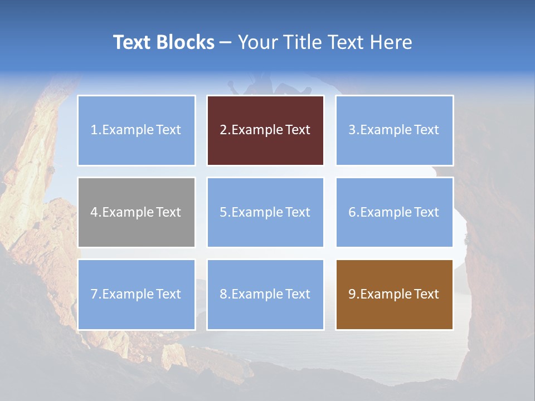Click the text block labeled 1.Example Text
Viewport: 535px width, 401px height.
137,130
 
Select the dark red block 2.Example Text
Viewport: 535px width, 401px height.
265,130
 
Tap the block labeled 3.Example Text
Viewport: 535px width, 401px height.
395,130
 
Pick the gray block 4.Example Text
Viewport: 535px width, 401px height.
137,212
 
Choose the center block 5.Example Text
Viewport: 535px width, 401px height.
265,212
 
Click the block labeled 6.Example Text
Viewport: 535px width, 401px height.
395,212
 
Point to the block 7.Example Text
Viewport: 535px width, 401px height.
137,294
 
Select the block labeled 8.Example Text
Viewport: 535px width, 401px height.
265,294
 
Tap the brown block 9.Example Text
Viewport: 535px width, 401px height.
395,294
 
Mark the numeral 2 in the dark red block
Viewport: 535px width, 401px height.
223,130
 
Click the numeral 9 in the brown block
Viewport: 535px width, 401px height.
352,294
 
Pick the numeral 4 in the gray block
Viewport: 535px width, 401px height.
94,212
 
